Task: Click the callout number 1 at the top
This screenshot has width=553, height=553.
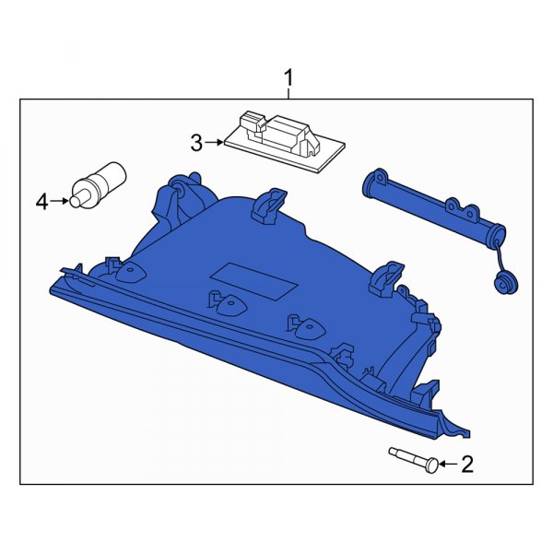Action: pos(288,76)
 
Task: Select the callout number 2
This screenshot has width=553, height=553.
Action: pos(466,465)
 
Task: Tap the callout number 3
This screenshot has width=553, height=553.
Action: pos(195,143)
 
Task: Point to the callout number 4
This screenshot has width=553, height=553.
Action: pos(41,200)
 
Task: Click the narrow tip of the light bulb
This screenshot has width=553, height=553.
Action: pos(78,198)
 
